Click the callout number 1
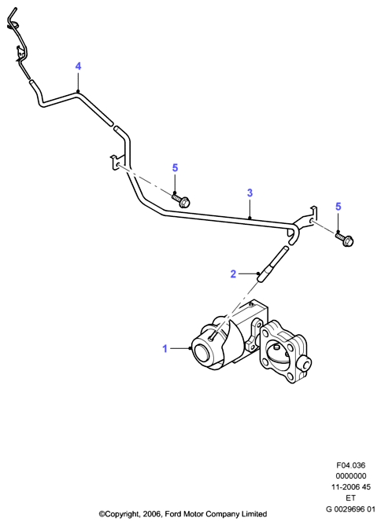tap(165, 349)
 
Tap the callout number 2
tap(234, 274)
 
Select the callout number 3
tap(250, 193)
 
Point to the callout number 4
tap(78, 66)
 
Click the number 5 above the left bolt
tap(175, 167)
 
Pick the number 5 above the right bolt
tap(338, 207)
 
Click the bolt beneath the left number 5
tap(180, 200)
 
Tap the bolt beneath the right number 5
tap(345, 238)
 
